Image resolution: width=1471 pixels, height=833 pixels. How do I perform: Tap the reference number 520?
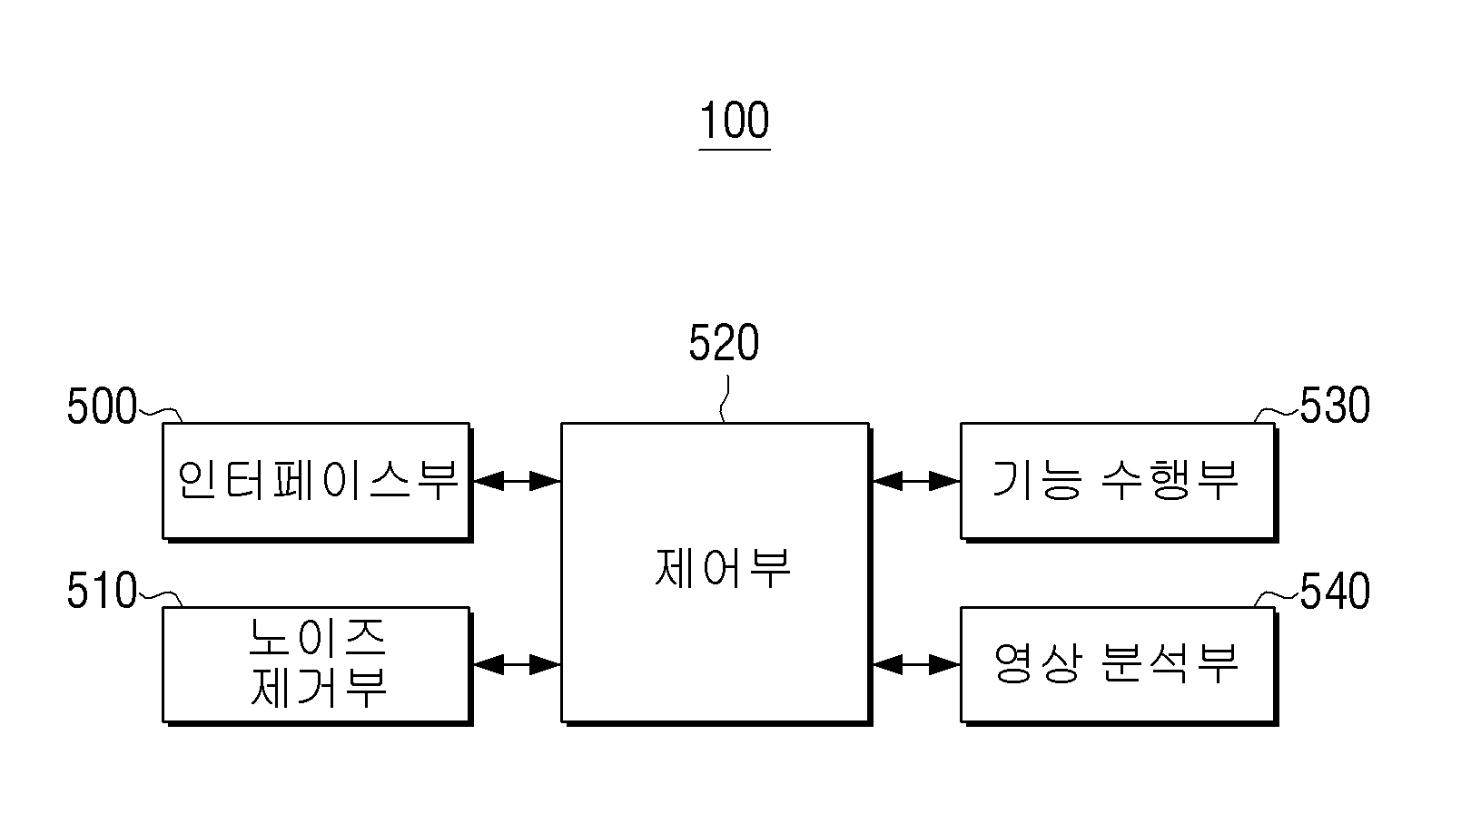pyautogui.click(x=724, y=343)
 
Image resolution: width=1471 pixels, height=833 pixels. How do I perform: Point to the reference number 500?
pyautogui.click(x=102, y=406)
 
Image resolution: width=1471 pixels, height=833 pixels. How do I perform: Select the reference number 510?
pyautogui.click(x=102, y=590)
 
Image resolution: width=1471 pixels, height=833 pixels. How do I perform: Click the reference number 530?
pyautogui.click(x=1335, y=405)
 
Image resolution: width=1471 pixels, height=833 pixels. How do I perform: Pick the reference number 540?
pyautogui.click(x=1335, y=591)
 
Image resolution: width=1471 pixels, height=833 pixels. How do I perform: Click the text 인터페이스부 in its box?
pyautogui.click(x=317, y=480)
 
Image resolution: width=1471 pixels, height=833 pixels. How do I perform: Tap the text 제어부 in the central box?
pyautogui.click(x=723, y=567)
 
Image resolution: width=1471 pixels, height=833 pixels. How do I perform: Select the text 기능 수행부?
pyautogui.click(x=1115, y=480)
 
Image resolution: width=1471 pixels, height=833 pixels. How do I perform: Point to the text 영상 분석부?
pyautogui.click(x=1115, y=663)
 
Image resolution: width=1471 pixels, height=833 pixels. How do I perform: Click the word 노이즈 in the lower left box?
pyautogui.click(x=317, y=637)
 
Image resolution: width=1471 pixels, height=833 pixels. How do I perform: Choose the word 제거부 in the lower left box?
pyautogui.click(x=318, y=687)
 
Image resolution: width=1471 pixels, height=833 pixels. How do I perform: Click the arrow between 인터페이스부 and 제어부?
pyautogui.click(x=517, y=481)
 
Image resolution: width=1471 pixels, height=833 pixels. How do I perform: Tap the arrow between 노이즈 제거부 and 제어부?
pyautogui.click(x=517, y=665)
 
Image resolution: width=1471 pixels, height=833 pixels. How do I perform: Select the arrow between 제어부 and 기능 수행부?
pyautogui.click(x=916, y=481)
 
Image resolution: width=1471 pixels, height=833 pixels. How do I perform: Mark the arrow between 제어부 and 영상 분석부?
pyautogui.click(x=916, y=665)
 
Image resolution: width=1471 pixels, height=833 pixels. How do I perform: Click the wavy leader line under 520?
pyautogui.click(x=724, y=399)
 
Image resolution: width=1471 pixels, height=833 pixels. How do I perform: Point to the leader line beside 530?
pyautogui.click(x=1277, y=414)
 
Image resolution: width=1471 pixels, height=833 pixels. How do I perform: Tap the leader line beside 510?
pyautogui.click(x=161, y=598)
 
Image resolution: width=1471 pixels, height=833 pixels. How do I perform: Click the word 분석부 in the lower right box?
pyautogui.click(x=1170, y=663)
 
